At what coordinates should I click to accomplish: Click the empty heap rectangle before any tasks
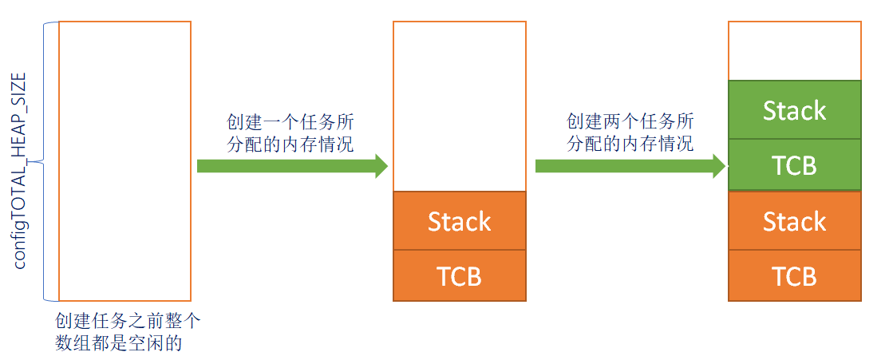[x=124, y=160]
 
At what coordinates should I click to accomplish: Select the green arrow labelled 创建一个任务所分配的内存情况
[x=292, y=165]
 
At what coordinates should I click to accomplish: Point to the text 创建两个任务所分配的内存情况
[x=630, y=133]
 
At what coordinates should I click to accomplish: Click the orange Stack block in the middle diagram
[x=460, y=221]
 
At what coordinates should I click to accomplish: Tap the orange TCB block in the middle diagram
[x=460, y=275]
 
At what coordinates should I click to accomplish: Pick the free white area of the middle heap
[x=460, y=106]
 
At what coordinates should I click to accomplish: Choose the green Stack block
[x=795, y=110]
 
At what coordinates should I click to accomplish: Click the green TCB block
[x=795, y=165]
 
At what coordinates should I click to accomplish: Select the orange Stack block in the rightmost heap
[x=795, y=221]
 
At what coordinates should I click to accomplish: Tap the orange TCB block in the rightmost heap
[x=795, y=275]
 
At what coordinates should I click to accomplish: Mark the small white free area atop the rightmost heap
[x=795, y=51]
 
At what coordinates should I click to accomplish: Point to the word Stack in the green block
[x=795, y=110]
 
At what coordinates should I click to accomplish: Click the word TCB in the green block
[x=795, y=165]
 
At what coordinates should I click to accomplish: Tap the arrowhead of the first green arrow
[x=380, y=165]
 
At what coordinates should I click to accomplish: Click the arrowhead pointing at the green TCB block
[x=718, y=165]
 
